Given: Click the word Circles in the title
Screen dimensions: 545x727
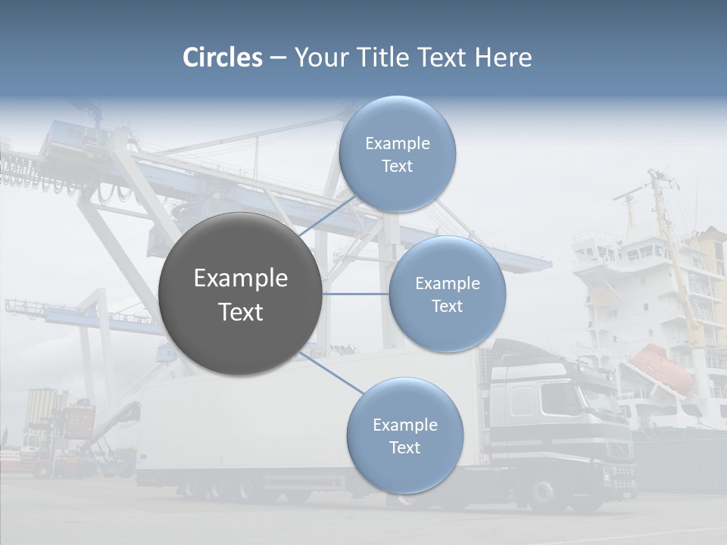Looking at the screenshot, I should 223,58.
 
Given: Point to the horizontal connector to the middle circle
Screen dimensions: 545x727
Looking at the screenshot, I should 355,294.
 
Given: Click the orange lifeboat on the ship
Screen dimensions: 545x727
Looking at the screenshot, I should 661,367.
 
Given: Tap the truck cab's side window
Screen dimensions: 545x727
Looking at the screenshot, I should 523,399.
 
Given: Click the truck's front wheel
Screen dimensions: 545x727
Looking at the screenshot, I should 544,494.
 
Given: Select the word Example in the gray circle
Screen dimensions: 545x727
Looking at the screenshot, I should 240,279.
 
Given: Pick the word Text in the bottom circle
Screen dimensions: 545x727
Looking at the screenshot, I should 404,447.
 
